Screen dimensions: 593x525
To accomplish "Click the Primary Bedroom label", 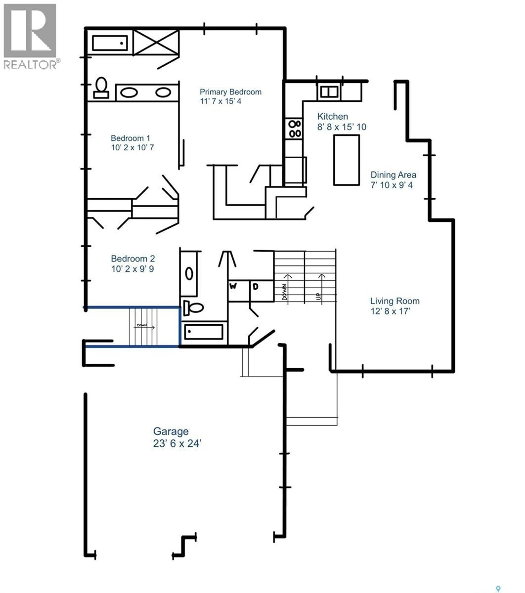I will click(x=230, y=92).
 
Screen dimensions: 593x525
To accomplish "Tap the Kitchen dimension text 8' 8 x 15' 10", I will click(x=342, y=127).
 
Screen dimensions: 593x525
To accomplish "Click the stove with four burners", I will click(x=294, y=129).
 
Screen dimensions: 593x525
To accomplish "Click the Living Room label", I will click(x=395, y=301).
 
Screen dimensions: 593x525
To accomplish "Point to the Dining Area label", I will click(x=393, y=175).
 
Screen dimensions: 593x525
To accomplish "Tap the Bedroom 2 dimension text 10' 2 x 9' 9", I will click(x=132, y=269).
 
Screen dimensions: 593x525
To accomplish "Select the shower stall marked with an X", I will click(x=156, y=42).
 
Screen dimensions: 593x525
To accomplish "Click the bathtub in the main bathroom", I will click(x=204, y=332).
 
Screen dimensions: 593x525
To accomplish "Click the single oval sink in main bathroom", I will click(x=189, y=274).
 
